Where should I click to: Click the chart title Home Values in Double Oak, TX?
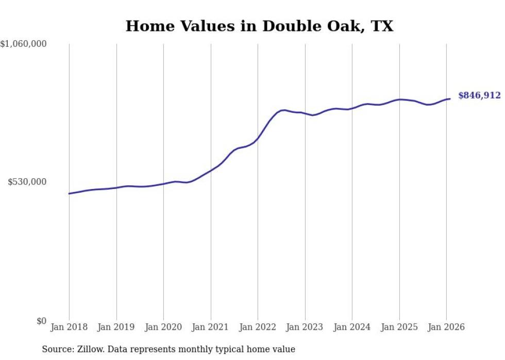point(259,26)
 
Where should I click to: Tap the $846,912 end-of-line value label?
point(479,95)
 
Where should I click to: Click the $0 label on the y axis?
point(41,321)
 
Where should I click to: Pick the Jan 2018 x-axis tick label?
point(69,327)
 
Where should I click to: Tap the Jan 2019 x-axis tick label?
point(116,327)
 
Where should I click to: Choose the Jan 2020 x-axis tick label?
point(163,327)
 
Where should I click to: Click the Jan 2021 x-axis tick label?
point(211,327)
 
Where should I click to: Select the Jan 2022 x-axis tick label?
point(258,327)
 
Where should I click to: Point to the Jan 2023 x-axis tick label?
point(305,327)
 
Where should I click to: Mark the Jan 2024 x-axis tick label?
point(352,327)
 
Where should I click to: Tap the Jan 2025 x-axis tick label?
point(399,327)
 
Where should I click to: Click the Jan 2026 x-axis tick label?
point(446,327)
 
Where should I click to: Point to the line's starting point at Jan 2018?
point(69,194)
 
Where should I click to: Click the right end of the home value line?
point(450,99)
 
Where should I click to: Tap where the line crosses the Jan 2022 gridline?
point(258,138)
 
